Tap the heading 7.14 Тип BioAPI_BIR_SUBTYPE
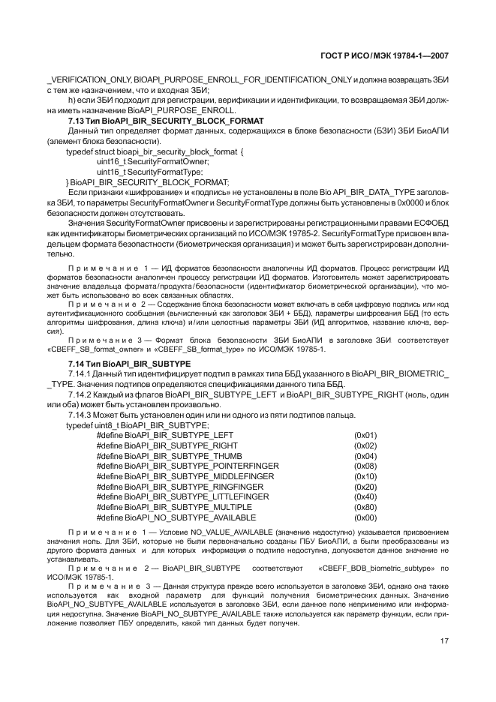coord(129,363)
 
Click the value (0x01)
coord(365,435)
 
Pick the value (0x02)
coord(365,445)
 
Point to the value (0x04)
coord(365,456)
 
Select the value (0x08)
coord(365,466)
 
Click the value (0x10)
coord(365,476)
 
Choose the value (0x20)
coord(365,487)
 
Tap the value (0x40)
coord(365,496)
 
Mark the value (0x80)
coord(365,507)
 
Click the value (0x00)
coord(365,517)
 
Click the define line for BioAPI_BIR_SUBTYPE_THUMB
coord(170,456)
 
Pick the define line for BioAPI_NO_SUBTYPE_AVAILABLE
coord(176,517)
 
